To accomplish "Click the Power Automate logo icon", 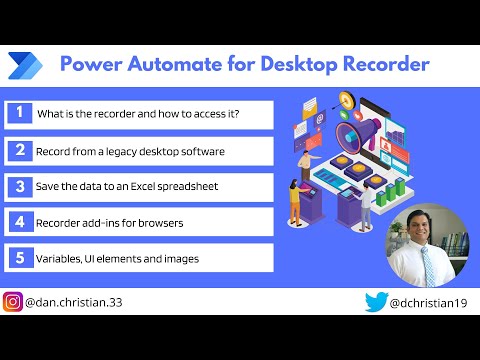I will coord(24,65).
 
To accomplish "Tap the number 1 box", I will coord(18,113).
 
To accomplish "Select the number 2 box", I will coord(18,151).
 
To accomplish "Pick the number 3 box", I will coord(18,186).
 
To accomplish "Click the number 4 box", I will coord(18,222).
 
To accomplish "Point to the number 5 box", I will coord(18,258).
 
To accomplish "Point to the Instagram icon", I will coord(13,301).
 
